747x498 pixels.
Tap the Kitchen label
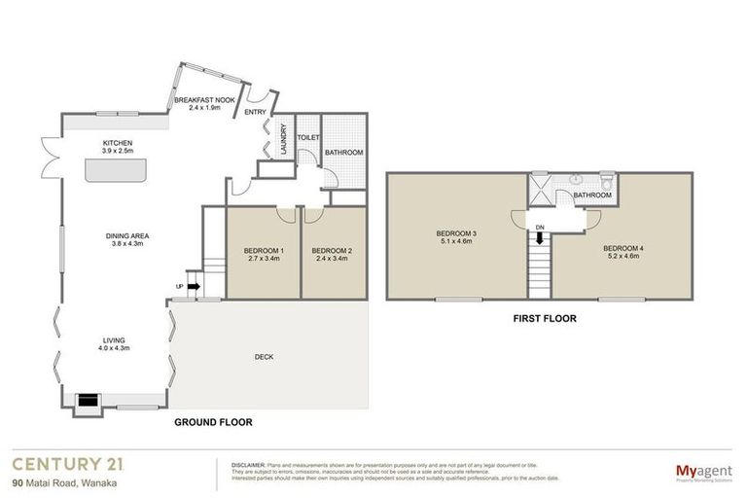(x=118, y=143)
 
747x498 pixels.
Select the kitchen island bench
(x=115, y=171)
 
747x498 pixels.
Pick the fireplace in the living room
(x=88, y=399)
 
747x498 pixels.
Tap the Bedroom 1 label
(x=264, y=251)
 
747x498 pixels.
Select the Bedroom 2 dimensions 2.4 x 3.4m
(x=332, y=260)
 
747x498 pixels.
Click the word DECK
(x=265, y=357)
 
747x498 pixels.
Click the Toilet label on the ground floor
(x=307, y=138)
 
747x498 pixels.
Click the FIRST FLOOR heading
(x=545, y=317)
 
